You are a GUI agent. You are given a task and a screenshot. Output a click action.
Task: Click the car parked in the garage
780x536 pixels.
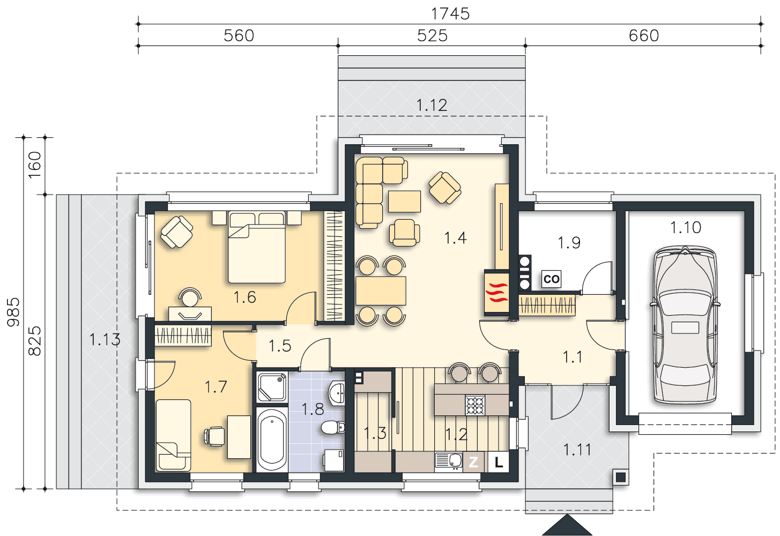pyautogui.click(x=685, y=325)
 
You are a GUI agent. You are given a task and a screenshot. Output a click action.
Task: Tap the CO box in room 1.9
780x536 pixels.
pyautogui.click(x=551, y=279)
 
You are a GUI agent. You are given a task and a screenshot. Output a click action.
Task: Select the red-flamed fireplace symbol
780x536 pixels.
pyautogui.click(x=497, y=293)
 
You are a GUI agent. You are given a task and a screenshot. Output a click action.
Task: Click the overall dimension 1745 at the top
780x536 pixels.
pyautogui.click(x=450, y=14)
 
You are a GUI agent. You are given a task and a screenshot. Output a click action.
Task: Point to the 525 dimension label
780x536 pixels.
pyautogui.click(x=432, y=35)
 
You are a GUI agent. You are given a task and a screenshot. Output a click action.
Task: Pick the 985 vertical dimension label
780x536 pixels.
pyautogui.click(x=13, y=312)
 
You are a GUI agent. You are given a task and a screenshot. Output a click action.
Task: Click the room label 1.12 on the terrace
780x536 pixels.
pyautogui.click(x=432, y=105)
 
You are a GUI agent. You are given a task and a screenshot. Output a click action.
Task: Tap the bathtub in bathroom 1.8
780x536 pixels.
pyautogui.click(x=272, y=440)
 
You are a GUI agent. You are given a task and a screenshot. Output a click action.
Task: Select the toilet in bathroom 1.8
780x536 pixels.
pyautogui.click(x=332, y=427)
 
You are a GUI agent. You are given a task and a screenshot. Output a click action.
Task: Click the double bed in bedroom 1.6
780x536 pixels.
pyautogui.click(x=257, y=247)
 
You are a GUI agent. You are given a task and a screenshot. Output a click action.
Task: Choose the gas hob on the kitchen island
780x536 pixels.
pyautogui.click(x=475, y=405)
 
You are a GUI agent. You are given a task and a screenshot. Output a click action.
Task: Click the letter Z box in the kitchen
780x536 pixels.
pyautogui.click(x=473, y=462)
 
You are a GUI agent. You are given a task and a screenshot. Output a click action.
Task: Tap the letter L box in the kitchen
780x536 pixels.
pyautogui.click(x=499, y=462)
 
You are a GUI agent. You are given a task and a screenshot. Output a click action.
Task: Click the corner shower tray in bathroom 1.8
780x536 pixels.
pyautogui.click(x=272, y=387)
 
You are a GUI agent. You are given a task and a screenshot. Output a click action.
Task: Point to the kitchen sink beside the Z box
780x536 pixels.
pyautogui.click(x=449, y=461)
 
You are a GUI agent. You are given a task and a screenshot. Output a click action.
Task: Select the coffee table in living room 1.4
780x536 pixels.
pyautogui.click(x=404, y=201)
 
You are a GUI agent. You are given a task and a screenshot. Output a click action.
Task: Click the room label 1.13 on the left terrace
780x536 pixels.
pyautogui.click(x=105, y=339)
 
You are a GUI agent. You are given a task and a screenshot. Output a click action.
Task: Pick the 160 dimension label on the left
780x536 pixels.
pyautogui.click(x=35, y=165)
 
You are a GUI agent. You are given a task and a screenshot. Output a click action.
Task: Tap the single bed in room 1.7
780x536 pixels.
pyautogui.click(x=173, y=435)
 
